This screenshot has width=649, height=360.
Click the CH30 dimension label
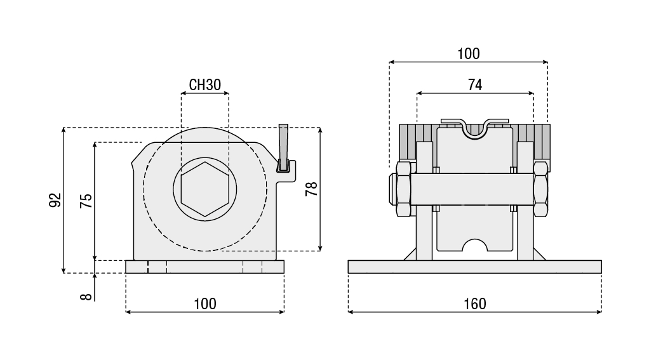tap(205, 84)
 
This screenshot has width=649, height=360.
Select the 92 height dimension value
tap(55, 200)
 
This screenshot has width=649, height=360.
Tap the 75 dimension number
tap(86, 201)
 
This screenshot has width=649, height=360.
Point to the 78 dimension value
tap(311, 189)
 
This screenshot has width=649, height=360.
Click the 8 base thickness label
tap(86, 297)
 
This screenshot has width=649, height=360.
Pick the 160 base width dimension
tap(475, 303)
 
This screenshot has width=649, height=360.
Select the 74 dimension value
tap(475, 84)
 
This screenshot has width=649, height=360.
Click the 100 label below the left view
tap(205, 303)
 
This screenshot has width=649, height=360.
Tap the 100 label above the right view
tap(469, 53)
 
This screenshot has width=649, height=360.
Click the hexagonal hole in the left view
tap(205, 189)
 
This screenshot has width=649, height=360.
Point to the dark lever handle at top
tap(283, 147)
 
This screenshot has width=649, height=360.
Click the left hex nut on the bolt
tap(403, 189)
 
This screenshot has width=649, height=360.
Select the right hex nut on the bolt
tap(540, 189)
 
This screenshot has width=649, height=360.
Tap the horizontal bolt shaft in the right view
tap(472, 189)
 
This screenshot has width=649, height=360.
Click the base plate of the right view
tap(475, 267)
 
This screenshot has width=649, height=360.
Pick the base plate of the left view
tap(205, 267)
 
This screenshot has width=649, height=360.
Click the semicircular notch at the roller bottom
tap(475, 245)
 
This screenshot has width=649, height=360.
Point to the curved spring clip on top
tap(475, 128)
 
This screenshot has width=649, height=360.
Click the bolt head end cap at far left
tap(392, 189)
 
